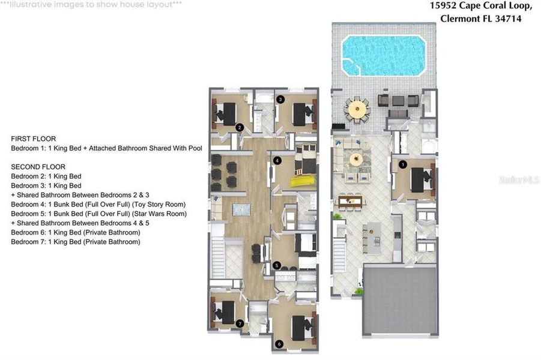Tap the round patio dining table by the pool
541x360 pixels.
tap(357, 109)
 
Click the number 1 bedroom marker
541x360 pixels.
tap(403, 163)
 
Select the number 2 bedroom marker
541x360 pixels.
tap(239, 127)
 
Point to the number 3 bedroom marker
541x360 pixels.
tap(280, 99)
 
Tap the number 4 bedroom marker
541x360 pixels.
tap(277, 161)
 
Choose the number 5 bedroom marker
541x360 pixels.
tap(276, 265)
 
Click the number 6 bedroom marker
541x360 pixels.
tap(279, 344)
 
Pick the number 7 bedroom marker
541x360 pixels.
tap(240, 323)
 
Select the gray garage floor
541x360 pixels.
tap(400, 300)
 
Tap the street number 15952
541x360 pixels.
tap(445, 6)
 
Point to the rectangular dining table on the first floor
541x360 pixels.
tap(350, 201)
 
